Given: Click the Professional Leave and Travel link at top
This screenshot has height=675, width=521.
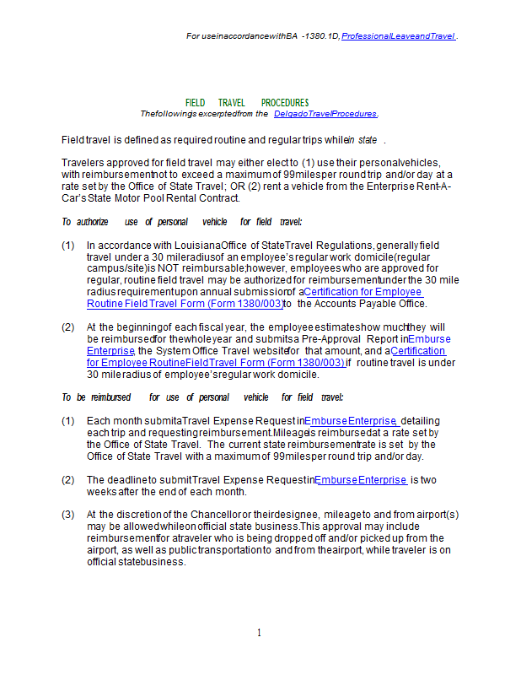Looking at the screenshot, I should click(x=398, y=36).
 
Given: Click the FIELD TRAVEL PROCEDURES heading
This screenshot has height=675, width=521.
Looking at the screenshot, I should click(x=247, y=103).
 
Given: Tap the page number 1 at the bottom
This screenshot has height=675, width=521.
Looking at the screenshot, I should click(x=260, y=633).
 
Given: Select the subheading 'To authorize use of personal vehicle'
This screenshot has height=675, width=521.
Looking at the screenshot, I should click(x=181, y=222).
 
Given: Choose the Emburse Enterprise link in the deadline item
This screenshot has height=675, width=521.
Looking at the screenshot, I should click(x=361, y=480).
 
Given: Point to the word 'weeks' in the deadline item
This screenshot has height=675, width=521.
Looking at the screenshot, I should click(x=102, y=492).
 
